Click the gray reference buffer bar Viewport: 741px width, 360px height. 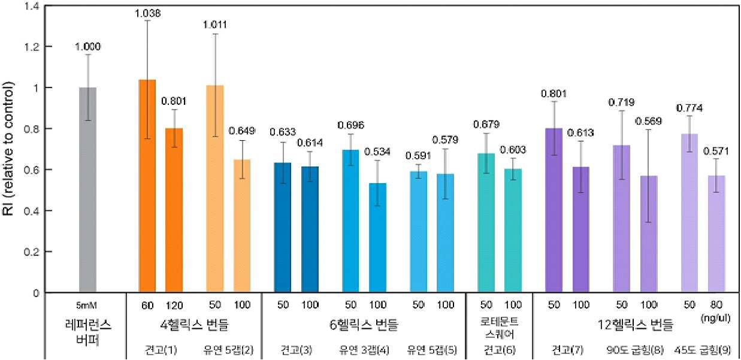coord(87,190)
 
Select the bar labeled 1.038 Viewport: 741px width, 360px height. coord(147,186)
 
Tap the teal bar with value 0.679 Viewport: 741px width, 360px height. coord(486,223)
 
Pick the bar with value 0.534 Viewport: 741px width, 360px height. coord(378,238)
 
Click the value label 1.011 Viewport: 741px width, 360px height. coord(215,25)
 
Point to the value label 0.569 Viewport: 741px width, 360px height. coord(648,121)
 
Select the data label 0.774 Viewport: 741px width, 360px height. coord(689,108)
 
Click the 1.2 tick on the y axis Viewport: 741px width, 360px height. coord(33,46)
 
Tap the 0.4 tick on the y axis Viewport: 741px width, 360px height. coord(32,211)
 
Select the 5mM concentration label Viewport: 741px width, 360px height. coord(86,305)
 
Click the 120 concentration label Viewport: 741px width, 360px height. coord(174,305)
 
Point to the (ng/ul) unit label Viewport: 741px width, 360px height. coord(715,318)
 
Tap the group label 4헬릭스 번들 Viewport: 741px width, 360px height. coord(194,325)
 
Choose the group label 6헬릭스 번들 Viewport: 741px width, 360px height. coord(364,325)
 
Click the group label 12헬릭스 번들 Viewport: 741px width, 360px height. coord(636,325)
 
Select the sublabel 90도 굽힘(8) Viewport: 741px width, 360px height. coord(635,350)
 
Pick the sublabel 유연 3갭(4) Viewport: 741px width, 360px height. coord(364,350)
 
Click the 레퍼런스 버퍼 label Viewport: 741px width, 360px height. coord(88,332)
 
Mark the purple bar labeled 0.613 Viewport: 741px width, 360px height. coord(581,229)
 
